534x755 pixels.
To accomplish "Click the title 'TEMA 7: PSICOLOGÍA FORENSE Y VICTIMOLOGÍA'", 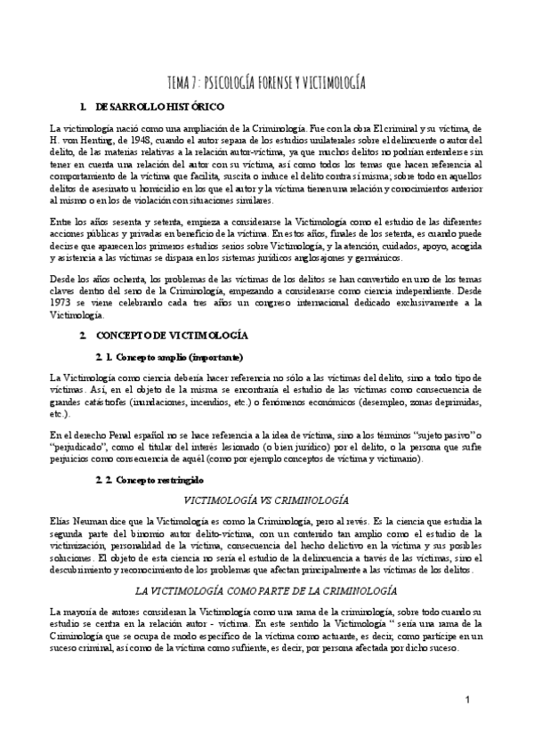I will (x=267, y=84).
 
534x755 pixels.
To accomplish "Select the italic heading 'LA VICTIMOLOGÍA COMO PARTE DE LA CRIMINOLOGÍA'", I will (x=265, y=592).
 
